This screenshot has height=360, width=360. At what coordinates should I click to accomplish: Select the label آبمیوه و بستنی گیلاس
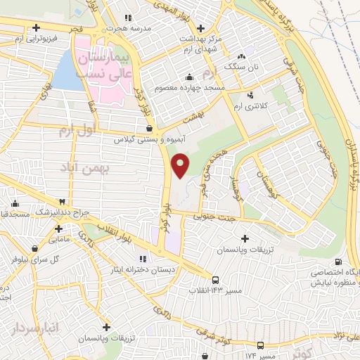(x=152, y=139)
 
